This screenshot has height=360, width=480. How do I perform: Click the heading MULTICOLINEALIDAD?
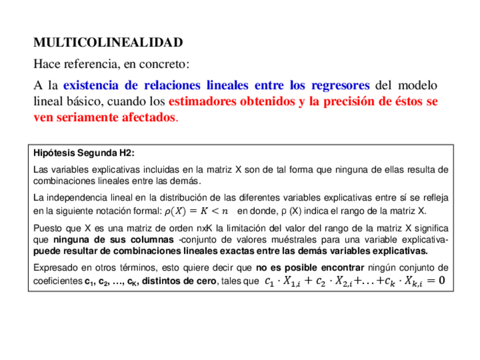pyautogui.click(x=108, y=42)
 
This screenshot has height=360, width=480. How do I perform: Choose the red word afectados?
pyautogui.click(x=145, y=118)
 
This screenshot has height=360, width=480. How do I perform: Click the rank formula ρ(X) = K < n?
pyautogui.click(x=196, y=211)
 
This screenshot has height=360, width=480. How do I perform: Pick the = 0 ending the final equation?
pyautogui.click(x=435, y=281)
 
